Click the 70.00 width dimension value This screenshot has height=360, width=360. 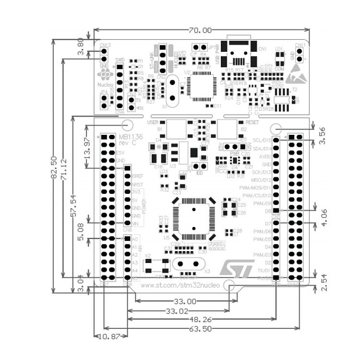(x=199, y=30)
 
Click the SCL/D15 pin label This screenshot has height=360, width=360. (x=262, y=140)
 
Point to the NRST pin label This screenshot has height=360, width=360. (x=138, y=184)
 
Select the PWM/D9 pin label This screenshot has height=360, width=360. (x=263, y=204)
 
